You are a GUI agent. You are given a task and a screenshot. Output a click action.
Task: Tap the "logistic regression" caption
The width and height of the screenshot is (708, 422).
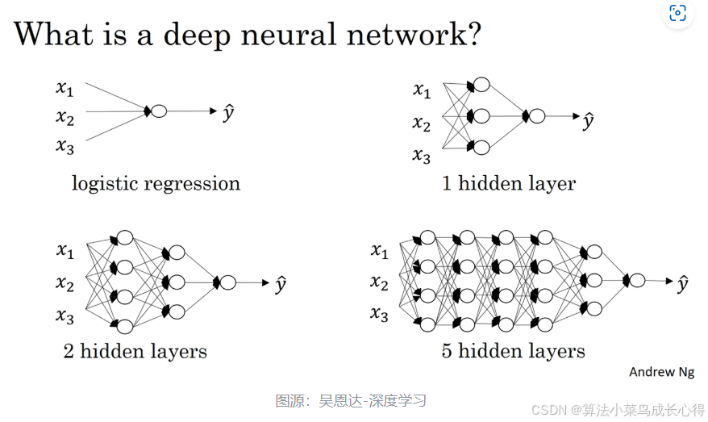coord(156,184)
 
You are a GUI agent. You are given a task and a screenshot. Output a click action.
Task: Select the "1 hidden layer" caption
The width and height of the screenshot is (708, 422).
coord(509,184)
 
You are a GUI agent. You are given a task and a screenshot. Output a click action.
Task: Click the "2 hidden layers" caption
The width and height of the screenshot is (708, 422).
coord(135,351)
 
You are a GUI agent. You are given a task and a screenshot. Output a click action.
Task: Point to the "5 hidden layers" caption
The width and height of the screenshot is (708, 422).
coord(514,351)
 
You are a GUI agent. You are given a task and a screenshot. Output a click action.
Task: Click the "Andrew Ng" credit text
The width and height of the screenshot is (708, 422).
coord(661,372)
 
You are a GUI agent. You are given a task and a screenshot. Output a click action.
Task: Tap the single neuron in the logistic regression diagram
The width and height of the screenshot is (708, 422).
coord(159,111)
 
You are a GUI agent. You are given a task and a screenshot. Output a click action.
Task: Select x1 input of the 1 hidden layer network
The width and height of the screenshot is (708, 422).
coord(422,90)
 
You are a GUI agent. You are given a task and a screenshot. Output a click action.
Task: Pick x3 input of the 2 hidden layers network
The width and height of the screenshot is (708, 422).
coord(65,315)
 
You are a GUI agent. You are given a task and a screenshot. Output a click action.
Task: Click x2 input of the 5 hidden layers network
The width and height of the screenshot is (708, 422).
coord(379,282)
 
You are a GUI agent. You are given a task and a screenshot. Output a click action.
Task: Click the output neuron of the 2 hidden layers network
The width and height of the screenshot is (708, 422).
coord(228,282)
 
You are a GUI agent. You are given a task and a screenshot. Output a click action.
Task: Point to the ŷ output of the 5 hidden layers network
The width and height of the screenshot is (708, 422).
coord(682,282)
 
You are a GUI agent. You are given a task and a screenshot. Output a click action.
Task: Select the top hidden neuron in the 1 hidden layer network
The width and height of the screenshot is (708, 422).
coord(481,86)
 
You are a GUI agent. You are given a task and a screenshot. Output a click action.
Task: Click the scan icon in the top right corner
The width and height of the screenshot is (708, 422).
coord(677,13)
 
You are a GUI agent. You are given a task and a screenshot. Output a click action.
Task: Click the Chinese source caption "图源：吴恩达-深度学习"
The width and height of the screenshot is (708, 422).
coord(351,400)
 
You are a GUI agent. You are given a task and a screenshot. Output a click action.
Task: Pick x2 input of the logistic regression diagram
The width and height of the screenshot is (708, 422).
coord(65,118)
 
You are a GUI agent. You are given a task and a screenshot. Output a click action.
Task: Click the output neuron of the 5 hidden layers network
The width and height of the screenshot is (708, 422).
coord(637,280)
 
